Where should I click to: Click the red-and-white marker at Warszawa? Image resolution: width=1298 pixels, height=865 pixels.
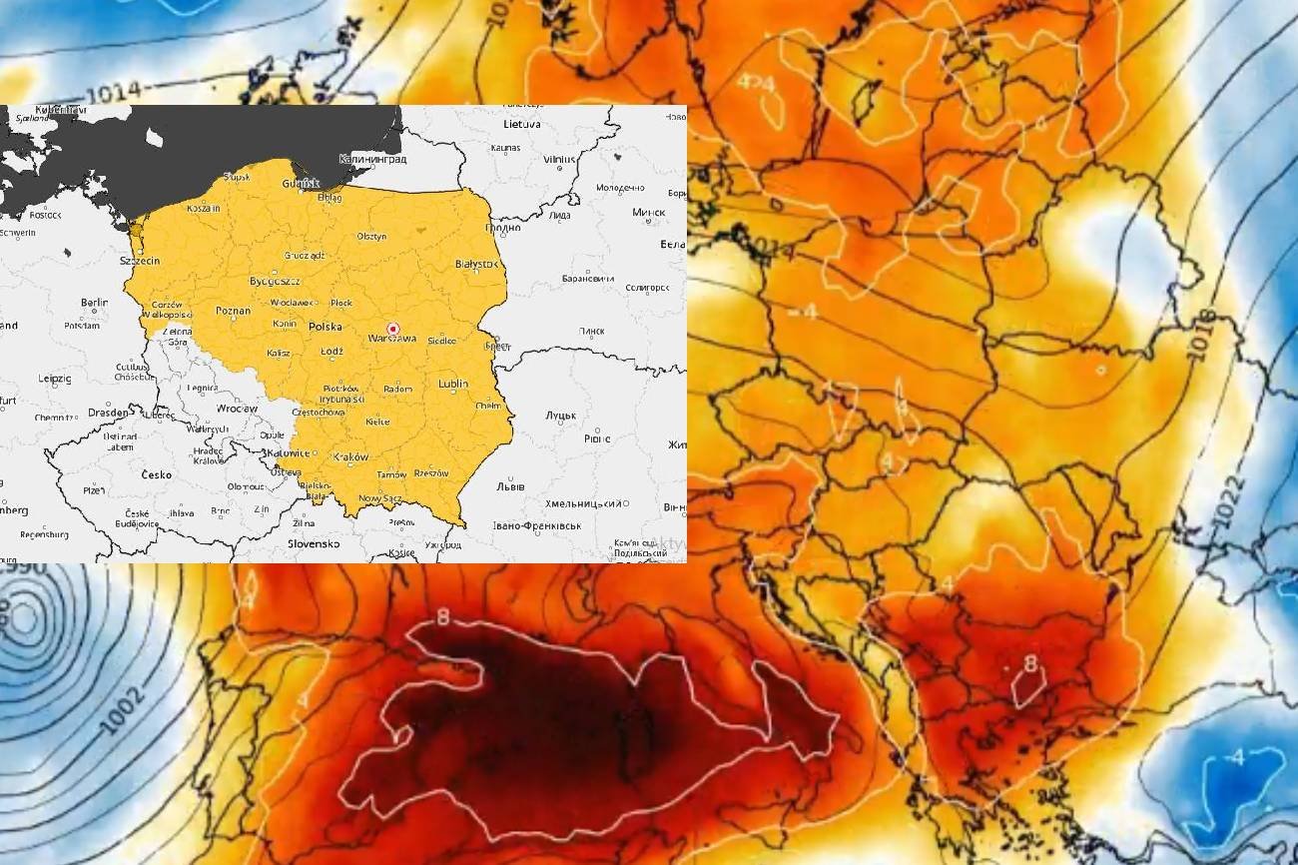click(x=392, y=329)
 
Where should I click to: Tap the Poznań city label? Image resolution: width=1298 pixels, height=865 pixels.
click(x=233, y=311)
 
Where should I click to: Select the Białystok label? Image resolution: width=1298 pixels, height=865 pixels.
click(x=475, y=264)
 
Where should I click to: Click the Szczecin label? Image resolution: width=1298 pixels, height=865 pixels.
click(x=139, y=261)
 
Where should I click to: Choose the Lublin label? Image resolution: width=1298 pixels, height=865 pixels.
click(x=452, y=384)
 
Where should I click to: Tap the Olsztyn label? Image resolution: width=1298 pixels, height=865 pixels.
click(x=372, y=236)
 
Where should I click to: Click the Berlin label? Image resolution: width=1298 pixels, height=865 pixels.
click(x=94, y=302)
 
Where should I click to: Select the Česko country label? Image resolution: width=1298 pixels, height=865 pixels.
click(x=157, y=474)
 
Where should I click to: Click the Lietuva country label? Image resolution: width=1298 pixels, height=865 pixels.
click(x=521, y=124)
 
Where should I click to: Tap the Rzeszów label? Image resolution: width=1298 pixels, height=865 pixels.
click(x=430, y=473)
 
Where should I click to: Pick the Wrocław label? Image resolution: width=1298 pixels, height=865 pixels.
click(x=237, y=409)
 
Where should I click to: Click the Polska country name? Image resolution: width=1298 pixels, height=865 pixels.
click(x=325, y=327)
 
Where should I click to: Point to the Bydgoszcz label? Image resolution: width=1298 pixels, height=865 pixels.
click(x=274, y=281)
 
